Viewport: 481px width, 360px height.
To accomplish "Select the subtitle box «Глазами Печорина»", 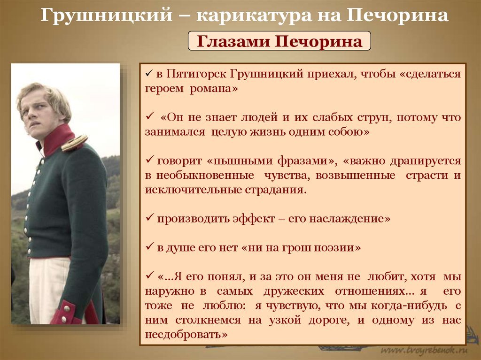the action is click(279, 41).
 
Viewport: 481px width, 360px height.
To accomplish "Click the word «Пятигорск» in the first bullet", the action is click(197, 75).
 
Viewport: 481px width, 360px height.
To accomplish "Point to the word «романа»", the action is click(214, 89).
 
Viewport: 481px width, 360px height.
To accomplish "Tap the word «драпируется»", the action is click(426, 161).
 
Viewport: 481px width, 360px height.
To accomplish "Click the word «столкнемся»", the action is click(208, 320).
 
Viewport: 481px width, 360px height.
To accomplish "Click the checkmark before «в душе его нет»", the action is click(150, 246).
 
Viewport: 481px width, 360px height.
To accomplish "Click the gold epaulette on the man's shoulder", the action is click(74, 143).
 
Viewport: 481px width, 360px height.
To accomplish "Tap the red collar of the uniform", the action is click(58, 139).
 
